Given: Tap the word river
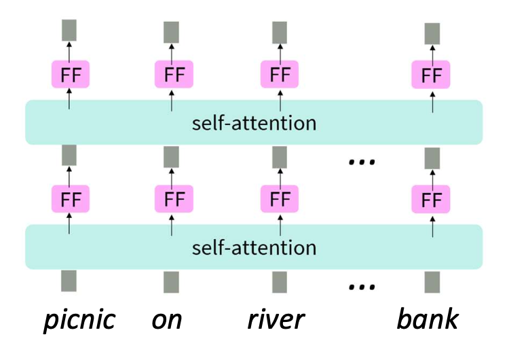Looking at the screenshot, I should (276, 319).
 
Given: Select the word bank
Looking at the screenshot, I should (428, 319).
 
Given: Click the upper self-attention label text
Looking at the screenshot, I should (254, 124).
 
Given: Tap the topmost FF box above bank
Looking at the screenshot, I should (431, 75).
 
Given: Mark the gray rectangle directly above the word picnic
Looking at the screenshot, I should (69, 281).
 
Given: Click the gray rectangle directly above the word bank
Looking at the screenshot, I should (432, 282).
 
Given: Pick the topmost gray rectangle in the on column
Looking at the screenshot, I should (172, 32).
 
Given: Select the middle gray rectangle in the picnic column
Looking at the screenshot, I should (69, 156).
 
